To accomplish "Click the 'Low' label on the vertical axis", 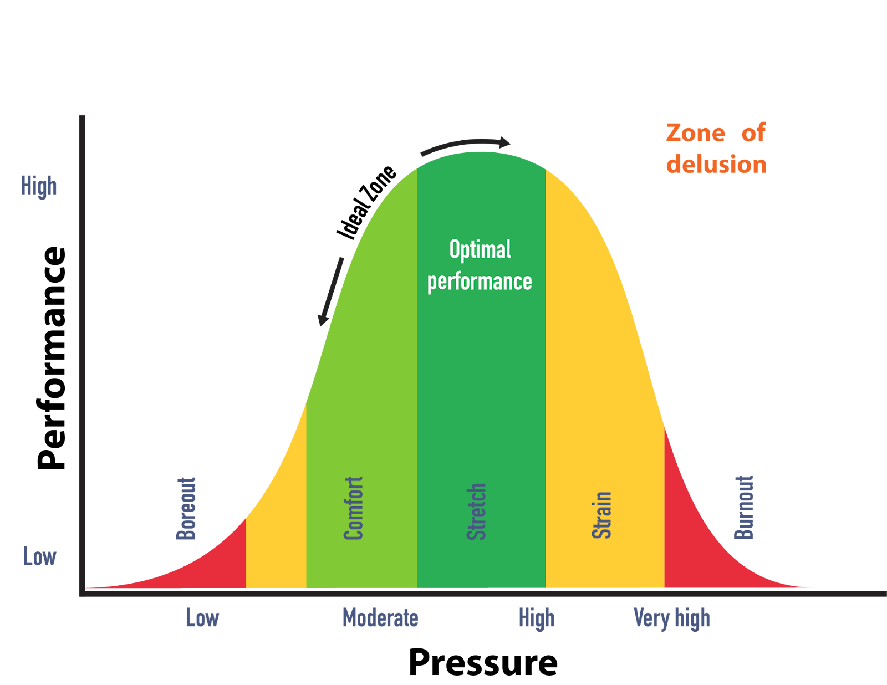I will (x=39, y=556).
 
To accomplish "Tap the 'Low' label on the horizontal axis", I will (x=202, y=618).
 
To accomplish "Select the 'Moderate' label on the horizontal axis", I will (x=380, y=618).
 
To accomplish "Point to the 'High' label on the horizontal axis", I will (x=537, y=618).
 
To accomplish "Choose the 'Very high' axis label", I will (x=672, y=618).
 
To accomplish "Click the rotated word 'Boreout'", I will (x=186, y=508).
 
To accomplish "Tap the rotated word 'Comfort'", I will (x=353, y=508).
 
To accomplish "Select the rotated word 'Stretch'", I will (x=476, y=511).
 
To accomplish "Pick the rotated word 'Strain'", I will (x=601, y=515).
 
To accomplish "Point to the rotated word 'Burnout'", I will (x=744, y=507).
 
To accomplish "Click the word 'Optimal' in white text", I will (x=480, y=251).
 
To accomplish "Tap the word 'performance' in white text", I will (x=480, y=282).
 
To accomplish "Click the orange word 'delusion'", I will (x=716, y=165).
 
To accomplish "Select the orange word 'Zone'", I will (x=695, y=133).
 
